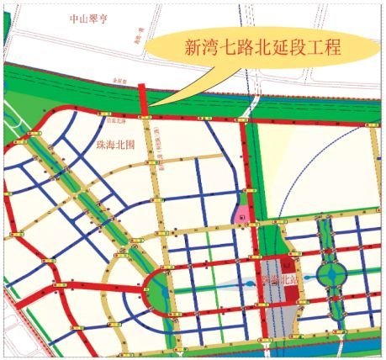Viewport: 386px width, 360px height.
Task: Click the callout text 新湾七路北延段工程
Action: [262, 48]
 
